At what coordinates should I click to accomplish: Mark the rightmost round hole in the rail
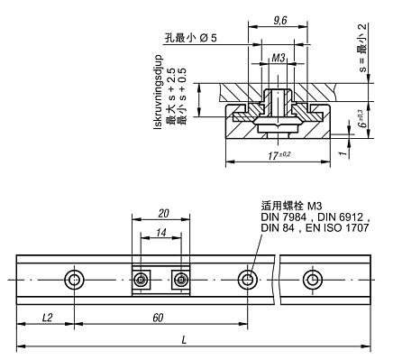[312, 280]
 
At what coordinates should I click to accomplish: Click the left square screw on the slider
[141, 281]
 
